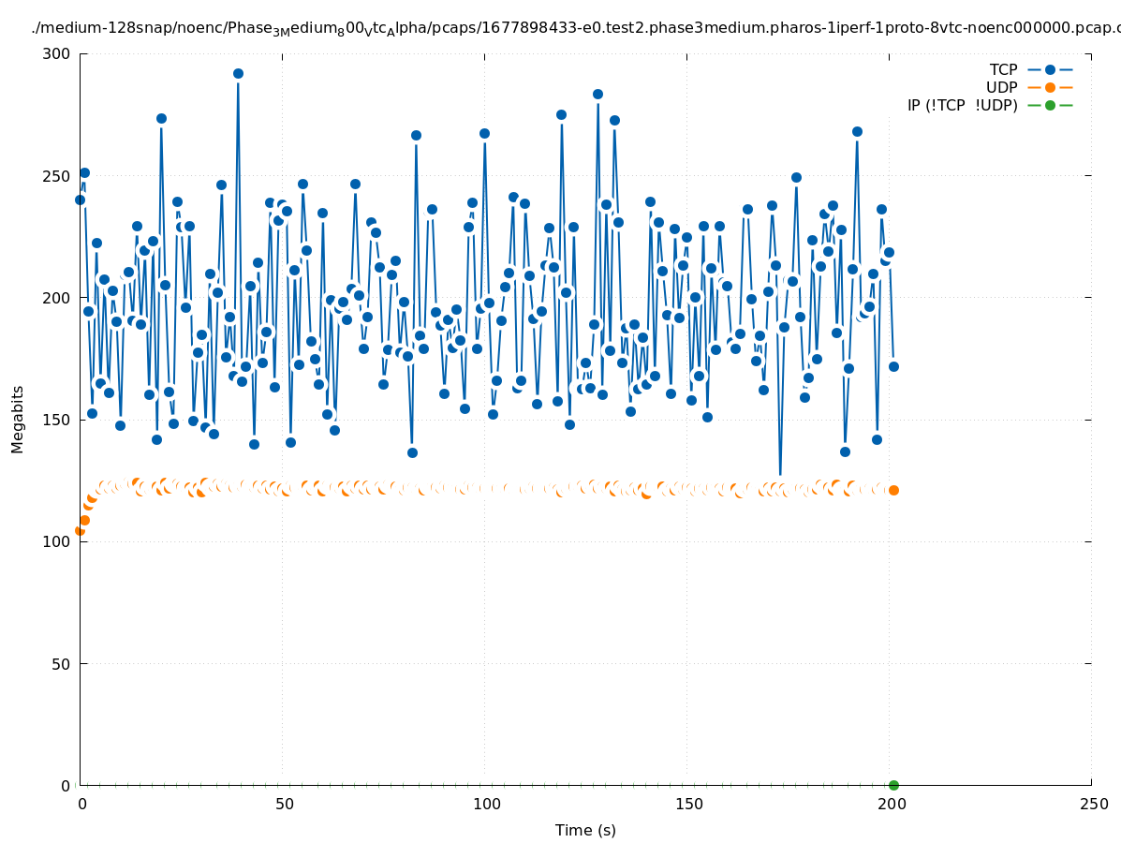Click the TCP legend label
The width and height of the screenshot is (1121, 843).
(x=1003, y=69)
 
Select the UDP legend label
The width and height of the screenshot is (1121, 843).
(x=1001, y=87)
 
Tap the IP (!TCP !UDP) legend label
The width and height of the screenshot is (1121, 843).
(x=962, y=105)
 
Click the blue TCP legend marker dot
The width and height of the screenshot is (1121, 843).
(x=1050, y=69)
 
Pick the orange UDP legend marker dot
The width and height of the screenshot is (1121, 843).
(x=1050, y=87)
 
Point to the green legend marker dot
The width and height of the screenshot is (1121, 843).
(x=1050, y=105)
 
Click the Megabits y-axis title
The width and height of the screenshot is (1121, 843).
(x=18, y=419)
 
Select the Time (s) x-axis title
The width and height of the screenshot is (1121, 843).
(x=585, y=830)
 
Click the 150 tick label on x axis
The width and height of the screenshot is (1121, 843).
(x=687, y=804)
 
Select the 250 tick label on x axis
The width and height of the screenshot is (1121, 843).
(x=1092, y=804)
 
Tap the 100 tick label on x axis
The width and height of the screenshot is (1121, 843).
(x=485, y=804)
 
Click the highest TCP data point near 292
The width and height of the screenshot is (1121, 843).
(x=238, y=73)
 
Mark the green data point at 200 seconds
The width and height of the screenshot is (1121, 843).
(x=893, y=785)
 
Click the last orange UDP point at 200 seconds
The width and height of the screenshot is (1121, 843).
(x=893, y=490)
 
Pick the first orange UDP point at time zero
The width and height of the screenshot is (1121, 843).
(x=80, y=530)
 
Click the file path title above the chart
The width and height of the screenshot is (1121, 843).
(x=575, y=28)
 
